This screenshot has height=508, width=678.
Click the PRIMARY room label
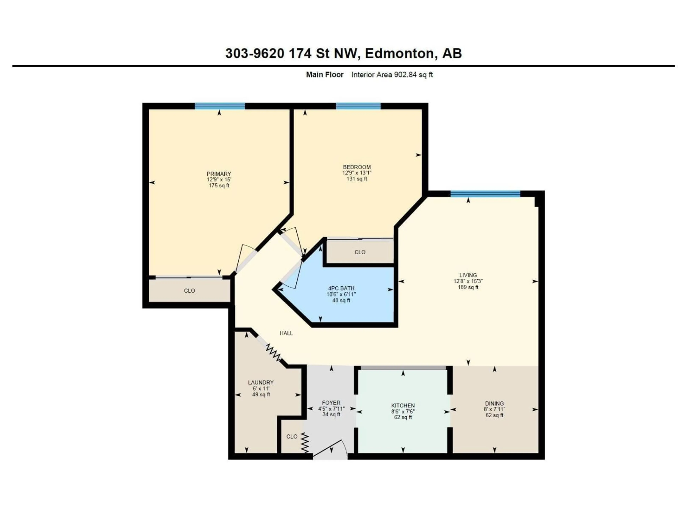click(x=219, y=174)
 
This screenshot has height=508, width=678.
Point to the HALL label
click(x=286, y=333)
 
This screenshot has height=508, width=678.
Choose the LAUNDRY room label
click(x=261, y=382)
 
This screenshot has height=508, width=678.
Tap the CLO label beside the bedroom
click(x=360, y=252)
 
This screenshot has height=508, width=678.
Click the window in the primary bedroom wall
click(x=220, y=106)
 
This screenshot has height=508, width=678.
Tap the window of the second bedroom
click(x=358, y=106)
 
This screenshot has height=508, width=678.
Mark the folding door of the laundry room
click(x=273, y=352)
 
